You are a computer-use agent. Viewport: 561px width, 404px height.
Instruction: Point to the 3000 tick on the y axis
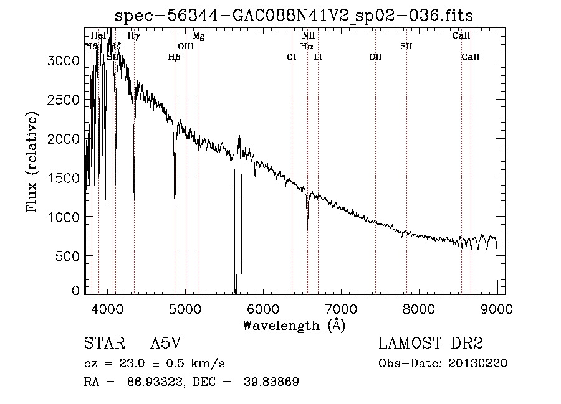(x=65, y=60)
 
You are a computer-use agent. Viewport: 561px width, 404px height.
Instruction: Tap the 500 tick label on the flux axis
(x=69, y=256)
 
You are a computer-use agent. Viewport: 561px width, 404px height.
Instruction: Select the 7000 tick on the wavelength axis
(x=341, y=308)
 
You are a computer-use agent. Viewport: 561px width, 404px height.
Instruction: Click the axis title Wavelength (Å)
(x=294, y=325)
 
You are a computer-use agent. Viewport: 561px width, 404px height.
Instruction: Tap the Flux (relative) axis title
(x=32, y=161)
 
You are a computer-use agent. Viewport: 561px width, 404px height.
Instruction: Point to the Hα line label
(x=307, y=46)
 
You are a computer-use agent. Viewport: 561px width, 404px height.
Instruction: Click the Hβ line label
(x=174, y=57)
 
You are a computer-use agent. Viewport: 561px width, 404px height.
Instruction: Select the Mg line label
(x=198, y=36)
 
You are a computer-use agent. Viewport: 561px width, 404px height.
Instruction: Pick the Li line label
(x=318, y=57)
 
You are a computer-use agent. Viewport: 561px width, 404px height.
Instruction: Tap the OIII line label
(x=186, y=46)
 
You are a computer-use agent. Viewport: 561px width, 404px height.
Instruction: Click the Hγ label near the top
(x=133, y=36)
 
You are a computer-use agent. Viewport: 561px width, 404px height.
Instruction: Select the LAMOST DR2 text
(x=431, y=344)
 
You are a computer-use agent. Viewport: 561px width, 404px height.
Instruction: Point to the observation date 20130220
(x=477, y=364)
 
